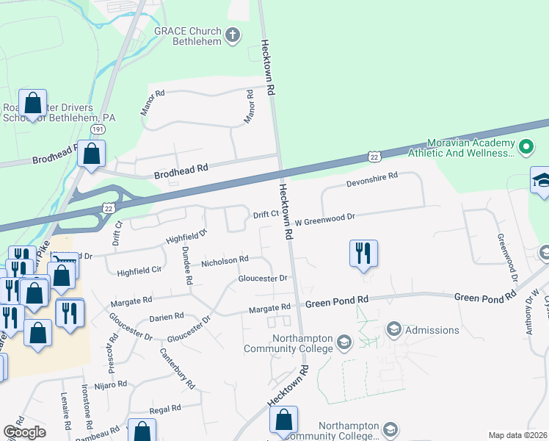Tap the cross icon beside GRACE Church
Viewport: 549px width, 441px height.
(x=233, y=35)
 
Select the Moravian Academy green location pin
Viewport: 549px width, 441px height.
(x=526, y=147)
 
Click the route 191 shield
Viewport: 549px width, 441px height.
(x=98, y=129)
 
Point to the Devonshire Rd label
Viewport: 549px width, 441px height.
(x=371, y=176)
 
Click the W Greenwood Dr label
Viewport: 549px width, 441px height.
(x=325, y=218)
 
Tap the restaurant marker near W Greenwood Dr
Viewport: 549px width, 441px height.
(x=363, y=254)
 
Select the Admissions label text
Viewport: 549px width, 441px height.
(x=432, y=330)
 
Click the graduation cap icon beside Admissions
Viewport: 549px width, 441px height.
(x=393, y=329)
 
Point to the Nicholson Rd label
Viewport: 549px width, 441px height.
(x=225, y=260)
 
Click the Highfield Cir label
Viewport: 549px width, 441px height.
(x=139, y=271)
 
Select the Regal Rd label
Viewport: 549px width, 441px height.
(x=165, y=409)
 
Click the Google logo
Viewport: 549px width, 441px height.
(x=24, y=432)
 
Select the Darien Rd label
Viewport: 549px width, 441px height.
(x=169, y=317)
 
